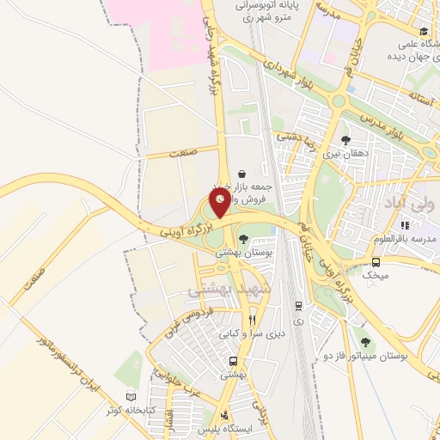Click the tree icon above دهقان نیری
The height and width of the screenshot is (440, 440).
point(345,141)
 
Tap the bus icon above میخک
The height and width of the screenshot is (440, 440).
point(376,262)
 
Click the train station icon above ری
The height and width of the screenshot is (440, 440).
point(298,305)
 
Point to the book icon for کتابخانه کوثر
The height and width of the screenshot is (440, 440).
point(131,397)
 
